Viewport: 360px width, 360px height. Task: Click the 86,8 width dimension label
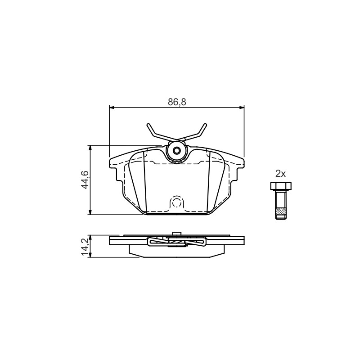pos(177,102)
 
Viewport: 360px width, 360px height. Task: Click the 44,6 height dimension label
pos(85,180)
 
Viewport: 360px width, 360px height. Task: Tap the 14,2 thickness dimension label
pos(85,247)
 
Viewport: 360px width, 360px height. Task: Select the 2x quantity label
pos(280,174)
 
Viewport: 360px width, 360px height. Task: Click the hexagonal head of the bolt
pos(281,186)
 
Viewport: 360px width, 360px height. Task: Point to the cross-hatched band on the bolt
pos(281,211)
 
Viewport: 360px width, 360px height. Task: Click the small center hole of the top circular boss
pos(177,151)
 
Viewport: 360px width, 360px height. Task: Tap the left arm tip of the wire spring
pos(148,125)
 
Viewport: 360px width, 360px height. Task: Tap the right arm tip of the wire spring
pos(206,125)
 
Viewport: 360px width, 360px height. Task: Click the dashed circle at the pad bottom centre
pos(177,202)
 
